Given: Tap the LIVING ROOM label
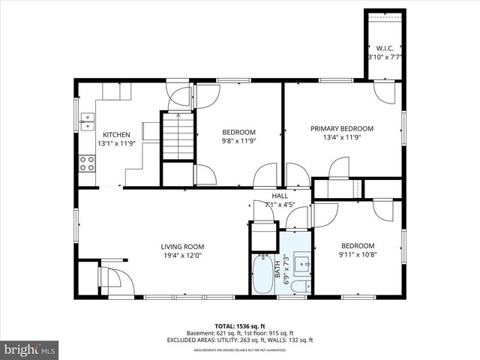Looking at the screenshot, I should tap(182, 246).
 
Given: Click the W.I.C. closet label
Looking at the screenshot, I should tap(385, 47).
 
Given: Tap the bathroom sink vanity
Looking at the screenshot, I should tap(302, 264).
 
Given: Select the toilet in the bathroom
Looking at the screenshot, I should tap(298, 286).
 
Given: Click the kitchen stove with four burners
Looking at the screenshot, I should tap(87, 163).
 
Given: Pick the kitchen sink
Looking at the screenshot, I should tap(87, 119).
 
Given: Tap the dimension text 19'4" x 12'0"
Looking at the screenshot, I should tap(182, 255).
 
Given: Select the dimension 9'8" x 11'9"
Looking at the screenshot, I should tap(238, 141).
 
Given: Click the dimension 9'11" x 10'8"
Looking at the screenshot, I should tap(358, 255).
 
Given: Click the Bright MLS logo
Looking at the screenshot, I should tap(30, 349).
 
